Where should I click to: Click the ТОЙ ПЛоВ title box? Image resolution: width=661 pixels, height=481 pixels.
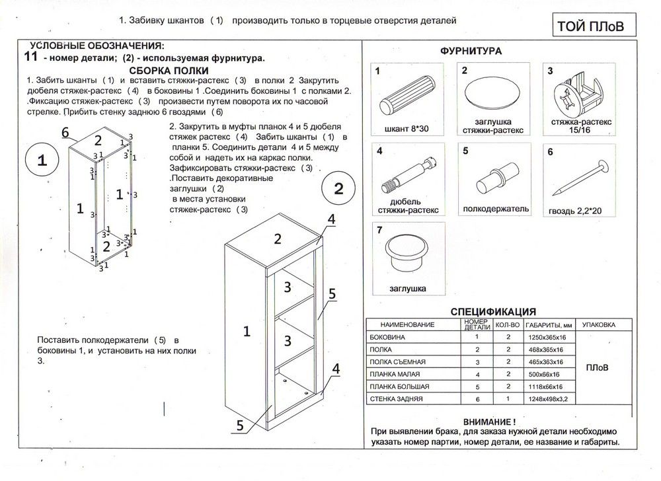tap(586, 26)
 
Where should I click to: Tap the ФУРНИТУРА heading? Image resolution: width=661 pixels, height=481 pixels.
tap(471, 51)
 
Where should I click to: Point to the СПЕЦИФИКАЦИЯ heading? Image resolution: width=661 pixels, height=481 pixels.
tap(492, 312)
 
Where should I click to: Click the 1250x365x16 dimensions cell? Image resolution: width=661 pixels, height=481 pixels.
tap(545, 338)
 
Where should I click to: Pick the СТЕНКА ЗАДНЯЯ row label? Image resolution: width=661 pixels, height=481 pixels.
tap(397, 399)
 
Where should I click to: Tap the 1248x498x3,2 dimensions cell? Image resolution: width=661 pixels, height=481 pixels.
tap(545, 399)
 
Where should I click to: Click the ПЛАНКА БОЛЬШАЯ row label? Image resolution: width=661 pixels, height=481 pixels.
tap(400, 387)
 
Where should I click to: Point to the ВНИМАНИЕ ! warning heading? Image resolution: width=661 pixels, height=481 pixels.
tap(489, 421)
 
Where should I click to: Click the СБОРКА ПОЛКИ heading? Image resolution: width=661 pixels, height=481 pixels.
tap(169, 70)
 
